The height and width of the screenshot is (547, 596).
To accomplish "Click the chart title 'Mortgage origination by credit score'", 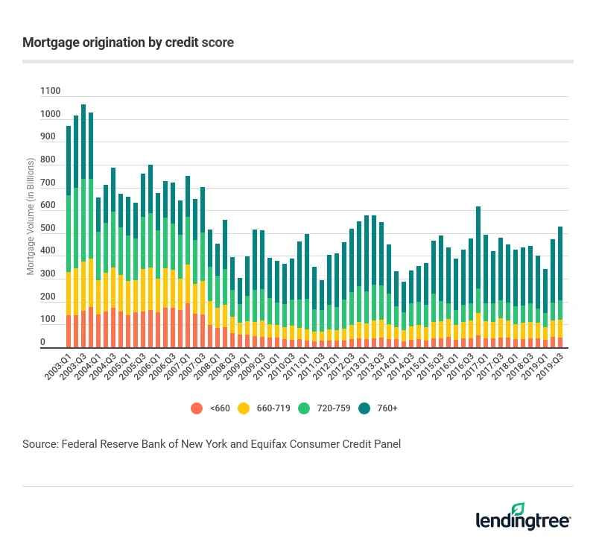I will [128, 42].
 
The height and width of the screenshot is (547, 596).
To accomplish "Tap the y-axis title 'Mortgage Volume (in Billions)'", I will [31, 216].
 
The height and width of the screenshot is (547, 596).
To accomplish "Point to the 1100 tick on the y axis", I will [50, 91].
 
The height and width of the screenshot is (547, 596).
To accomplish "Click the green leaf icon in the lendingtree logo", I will [559, 509].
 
